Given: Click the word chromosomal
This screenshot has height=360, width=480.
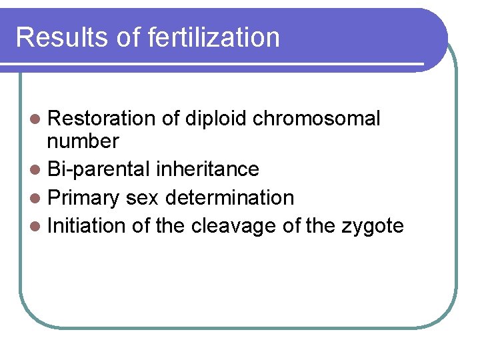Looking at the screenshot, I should (x=316, y=119).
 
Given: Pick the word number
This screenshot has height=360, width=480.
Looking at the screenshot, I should (x=83, y=141).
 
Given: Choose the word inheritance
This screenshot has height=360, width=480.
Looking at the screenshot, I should (x=207, y=169).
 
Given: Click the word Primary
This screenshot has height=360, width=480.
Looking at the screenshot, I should (x=84, y=198).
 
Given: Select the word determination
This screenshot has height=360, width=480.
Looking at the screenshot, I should (x=229, y=198).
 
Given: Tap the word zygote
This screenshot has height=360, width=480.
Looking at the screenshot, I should (x=373, y=226).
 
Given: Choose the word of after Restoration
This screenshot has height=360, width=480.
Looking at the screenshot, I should (x=171, y=119).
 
